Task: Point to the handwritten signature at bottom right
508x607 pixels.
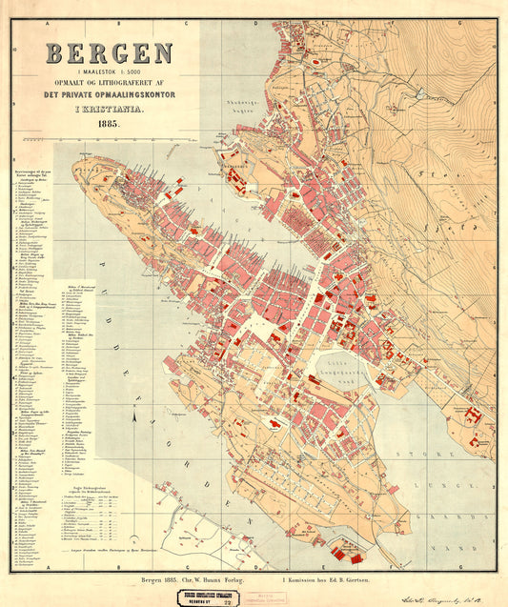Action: [x=446, y=592]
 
